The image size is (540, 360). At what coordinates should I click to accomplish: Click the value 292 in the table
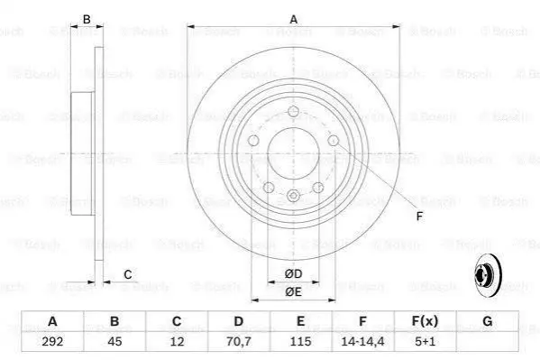tap(52, 341)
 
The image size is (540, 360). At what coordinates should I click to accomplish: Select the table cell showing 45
tap(114, 341)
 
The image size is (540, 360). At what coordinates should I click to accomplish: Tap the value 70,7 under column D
tap(239, 341)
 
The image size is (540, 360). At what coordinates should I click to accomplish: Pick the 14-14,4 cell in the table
tap(362, 341)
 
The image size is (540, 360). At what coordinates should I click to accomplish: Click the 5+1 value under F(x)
tap(425, 341)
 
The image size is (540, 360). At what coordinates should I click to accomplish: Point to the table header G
tap(488, 321)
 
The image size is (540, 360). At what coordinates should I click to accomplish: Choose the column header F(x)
tap(425, 321)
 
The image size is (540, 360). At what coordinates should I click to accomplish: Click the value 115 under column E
tap(300, 341)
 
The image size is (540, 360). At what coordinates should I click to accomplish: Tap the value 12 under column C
tap(177, 341)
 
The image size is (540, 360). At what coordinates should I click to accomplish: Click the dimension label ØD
tap(293, 274)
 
